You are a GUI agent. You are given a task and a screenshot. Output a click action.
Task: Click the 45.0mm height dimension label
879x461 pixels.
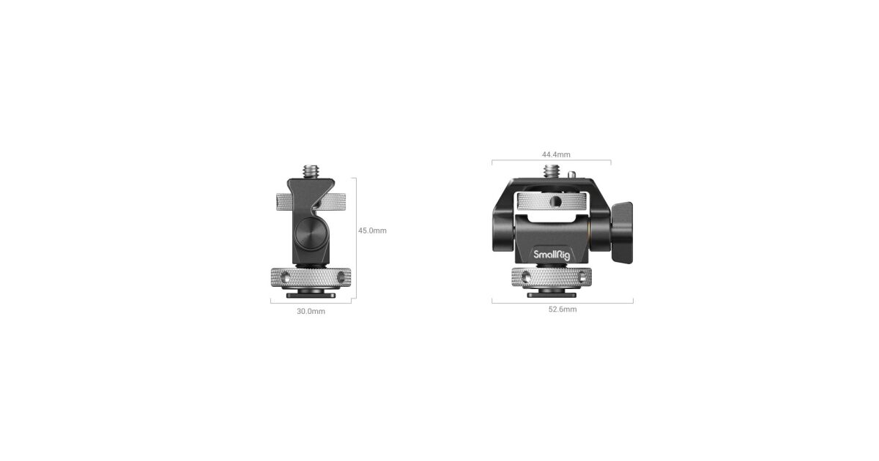[x=372, y=230]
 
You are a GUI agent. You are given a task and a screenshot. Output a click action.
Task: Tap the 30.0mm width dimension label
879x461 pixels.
[x=311, y=311]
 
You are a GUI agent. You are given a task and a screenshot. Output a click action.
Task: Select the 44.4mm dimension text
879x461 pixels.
[x=556, y=154]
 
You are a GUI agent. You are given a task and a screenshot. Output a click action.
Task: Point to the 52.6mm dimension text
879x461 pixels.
[x=563, y=310]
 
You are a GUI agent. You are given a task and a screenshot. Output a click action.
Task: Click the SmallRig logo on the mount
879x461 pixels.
[x=552, y=255]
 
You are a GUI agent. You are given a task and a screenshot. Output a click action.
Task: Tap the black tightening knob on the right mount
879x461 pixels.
[x=622, y=233]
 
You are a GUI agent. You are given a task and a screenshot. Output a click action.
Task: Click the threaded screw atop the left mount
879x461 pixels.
[x=311, y=172]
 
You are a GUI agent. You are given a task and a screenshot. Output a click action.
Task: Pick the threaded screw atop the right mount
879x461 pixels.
[x=552, y=172]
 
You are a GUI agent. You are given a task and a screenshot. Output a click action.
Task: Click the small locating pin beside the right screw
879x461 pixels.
[x=573, y=173]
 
